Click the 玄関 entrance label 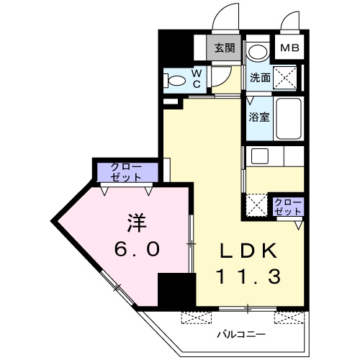coord(225,48)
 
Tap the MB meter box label coord(289,48)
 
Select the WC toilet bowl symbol coord(175,81)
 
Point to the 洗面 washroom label coord(260,78)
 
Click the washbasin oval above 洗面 coord(258,52)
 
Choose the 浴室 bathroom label coord(259,117)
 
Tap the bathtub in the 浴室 coord(289,118)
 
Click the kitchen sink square coord(260,156)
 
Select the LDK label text coord(248,251)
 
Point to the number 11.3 coord(248,276)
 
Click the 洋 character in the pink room coord(137,222)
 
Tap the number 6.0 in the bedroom coord(137,248)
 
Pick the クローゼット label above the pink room coord(126,172)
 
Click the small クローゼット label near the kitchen coord(288,207)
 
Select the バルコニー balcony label coord(241,334)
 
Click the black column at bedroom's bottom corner coord(177,289)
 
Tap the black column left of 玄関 coord(176,48)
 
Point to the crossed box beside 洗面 coord(285,78)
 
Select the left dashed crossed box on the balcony coord(197,318)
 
